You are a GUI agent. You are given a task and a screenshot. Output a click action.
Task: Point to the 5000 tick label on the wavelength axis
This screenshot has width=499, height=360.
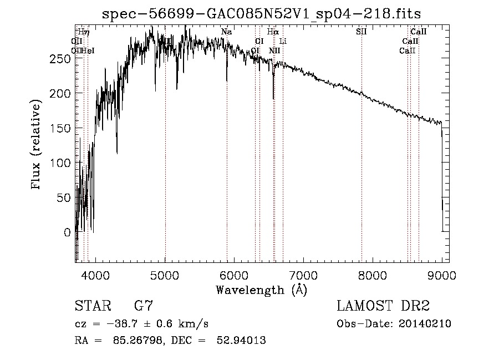tap(165, 274)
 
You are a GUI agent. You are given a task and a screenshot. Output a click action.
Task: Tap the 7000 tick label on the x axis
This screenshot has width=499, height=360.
tap(303, 274)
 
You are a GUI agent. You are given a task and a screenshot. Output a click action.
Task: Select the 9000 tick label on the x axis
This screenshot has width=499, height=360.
tap(442, 274)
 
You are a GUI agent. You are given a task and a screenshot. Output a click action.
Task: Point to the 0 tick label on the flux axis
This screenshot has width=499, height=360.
tap(68, 232)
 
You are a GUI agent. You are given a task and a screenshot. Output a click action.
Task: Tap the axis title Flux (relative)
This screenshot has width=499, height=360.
tap(37, 145)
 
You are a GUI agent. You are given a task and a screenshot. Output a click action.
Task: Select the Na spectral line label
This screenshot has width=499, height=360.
tap(226, 32)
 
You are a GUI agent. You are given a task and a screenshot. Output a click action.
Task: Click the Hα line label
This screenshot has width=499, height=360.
tap(272, 32)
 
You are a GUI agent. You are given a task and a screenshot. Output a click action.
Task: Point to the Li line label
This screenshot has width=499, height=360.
tap(283, 42)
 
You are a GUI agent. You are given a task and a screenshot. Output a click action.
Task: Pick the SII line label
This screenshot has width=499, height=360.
tap(361, 32)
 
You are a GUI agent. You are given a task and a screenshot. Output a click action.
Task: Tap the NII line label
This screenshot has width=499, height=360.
tap(274, 51)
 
